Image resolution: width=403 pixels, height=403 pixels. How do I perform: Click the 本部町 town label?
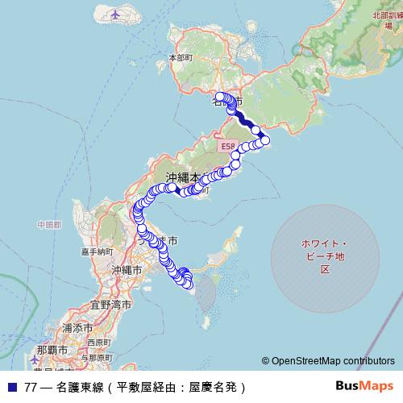coord(181,58)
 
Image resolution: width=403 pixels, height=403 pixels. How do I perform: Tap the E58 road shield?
coord(227,146)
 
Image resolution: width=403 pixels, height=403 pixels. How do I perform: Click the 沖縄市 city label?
coord(127,270)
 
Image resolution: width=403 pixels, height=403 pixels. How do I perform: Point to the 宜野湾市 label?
coord(109,305)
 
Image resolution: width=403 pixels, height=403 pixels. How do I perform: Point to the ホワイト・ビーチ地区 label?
coord(324,256)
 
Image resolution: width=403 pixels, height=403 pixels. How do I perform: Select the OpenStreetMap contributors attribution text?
coord(330,362)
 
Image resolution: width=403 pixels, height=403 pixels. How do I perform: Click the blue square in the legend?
coord(11,386)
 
